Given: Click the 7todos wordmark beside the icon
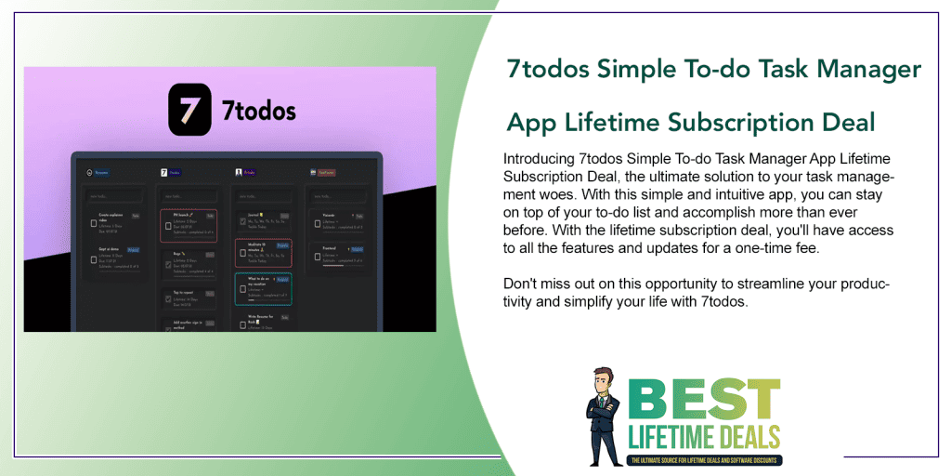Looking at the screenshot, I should (x=260, y=112).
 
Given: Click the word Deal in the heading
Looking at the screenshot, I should (x=842, y=122).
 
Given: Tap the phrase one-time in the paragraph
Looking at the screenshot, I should (x=759, y=247).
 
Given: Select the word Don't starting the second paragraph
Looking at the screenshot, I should (x=520, y=283).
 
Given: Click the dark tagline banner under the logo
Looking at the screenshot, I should (x=706, y=460).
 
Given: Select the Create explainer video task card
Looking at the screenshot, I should (x=113, y=223).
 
